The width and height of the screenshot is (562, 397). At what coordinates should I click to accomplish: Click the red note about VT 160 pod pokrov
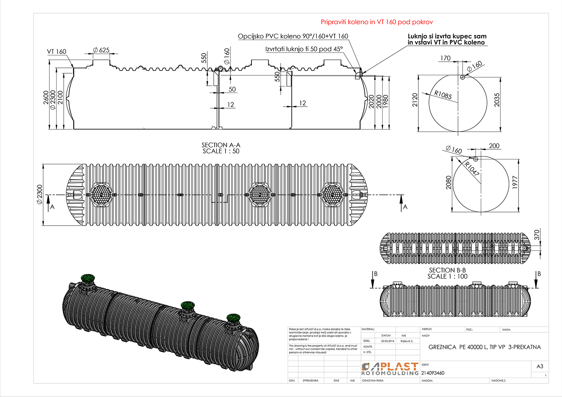376,22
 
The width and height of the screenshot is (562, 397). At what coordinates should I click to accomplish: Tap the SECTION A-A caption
221,148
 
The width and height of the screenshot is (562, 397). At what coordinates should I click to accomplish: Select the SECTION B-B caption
447,273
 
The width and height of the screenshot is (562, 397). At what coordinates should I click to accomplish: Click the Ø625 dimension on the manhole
101,50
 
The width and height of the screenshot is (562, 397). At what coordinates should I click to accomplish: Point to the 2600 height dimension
46,98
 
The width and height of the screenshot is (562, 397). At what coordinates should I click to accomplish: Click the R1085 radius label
443,95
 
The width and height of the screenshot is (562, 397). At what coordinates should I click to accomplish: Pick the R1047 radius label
472,169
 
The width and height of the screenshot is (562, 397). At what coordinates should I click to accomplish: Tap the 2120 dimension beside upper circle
415,100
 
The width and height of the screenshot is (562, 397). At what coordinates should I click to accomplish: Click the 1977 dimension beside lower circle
515,182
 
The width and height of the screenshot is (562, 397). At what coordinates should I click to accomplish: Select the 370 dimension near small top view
537,235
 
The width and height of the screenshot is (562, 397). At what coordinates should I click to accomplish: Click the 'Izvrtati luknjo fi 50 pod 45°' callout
304,49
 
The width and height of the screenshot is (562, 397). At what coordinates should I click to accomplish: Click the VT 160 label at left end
57,52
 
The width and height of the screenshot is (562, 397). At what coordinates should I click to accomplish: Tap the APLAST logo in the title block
390,369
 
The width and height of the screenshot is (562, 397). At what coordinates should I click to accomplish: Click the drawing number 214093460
433,373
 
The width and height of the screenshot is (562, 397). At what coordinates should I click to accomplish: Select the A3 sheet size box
539,366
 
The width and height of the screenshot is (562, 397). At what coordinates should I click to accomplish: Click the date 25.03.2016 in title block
387,341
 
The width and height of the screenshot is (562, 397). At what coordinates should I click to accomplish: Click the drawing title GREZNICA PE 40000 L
484,347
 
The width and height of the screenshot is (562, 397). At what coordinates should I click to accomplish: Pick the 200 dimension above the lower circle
494,146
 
